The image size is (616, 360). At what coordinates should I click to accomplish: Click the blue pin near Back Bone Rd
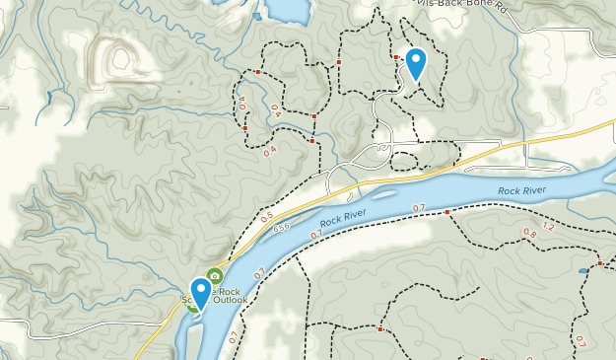[416, 63]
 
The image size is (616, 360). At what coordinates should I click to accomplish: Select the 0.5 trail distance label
[267, 216]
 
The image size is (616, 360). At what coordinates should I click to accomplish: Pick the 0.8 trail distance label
[530, 233]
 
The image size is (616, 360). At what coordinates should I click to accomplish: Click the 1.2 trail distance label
[549, 227]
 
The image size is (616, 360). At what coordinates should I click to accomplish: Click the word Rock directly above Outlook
[229, 291]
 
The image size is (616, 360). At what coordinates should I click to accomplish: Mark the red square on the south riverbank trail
[446, 212]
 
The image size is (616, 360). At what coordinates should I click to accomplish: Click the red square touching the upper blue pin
[397, 58]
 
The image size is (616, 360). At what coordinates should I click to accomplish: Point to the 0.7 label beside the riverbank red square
[419, 207]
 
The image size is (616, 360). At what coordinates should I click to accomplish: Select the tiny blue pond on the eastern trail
[584, 269]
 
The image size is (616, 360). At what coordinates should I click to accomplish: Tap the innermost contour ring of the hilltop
[121, 59]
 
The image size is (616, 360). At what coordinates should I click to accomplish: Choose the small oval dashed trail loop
[424, 157]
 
